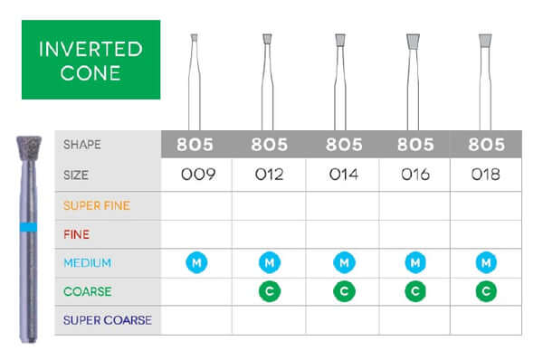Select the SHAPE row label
tap(81, 144)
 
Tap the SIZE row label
tap(77, 174)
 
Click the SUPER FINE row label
tap(96, 205)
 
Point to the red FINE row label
tap(75, 233)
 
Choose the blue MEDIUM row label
tap(87, 262)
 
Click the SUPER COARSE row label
tap(107, 320)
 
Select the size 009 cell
tap(196, 174)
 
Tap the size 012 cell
tap(269, 174)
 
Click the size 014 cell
tap(342, 174)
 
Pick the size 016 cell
tap(415, 174)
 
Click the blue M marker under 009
tap(196, 262)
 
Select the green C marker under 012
tap(269, 291)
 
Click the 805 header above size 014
tap(342, 144)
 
